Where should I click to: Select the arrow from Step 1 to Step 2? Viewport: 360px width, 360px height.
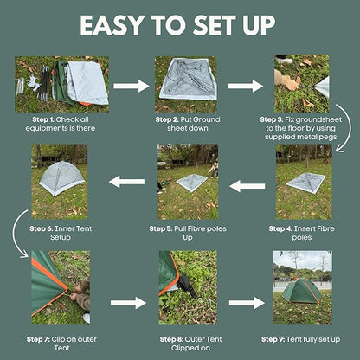[x=132, y=86]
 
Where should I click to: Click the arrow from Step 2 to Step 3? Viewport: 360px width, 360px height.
[x=245, y=86]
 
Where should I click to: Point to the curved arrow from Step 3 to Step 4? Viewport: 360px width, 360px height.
[x=349, y=127]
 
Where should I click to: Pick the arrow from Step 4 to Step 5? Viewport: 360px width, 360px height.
[x=247, y=186]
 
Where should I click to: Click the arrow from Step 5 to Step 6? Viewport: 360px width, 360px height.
[x=127, y=182]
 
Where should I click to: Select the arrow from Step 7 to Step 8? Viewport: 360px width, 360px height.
[x=128, y=303]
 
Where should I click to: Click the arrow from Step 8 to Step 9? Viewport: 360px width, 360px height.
[x=247, y=303]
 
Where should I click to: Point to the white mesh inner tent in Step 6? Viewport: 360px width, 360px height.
[x=61, y=178]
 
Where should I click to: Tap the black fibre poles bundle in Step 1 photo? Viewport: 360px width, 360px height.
[x=44, y=84]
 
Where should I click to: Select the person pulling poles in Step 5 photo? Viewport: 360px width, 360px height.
[x=214, y=169]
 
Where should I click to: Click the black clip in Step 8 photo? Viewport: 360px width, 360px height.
[x=187, y=286]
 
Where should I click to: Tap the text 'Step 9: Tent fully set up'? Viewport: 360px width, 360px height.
[x=301, y=339]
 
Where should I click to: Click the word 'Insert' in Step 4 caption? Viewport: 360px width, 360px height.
[x=303, y=228]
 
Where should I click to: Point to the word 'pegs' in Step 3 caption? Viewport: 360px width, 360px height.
[x=328, y=138]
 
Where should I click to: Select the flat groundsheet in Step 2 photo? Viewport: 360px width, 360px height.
[x=188, y=79]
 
